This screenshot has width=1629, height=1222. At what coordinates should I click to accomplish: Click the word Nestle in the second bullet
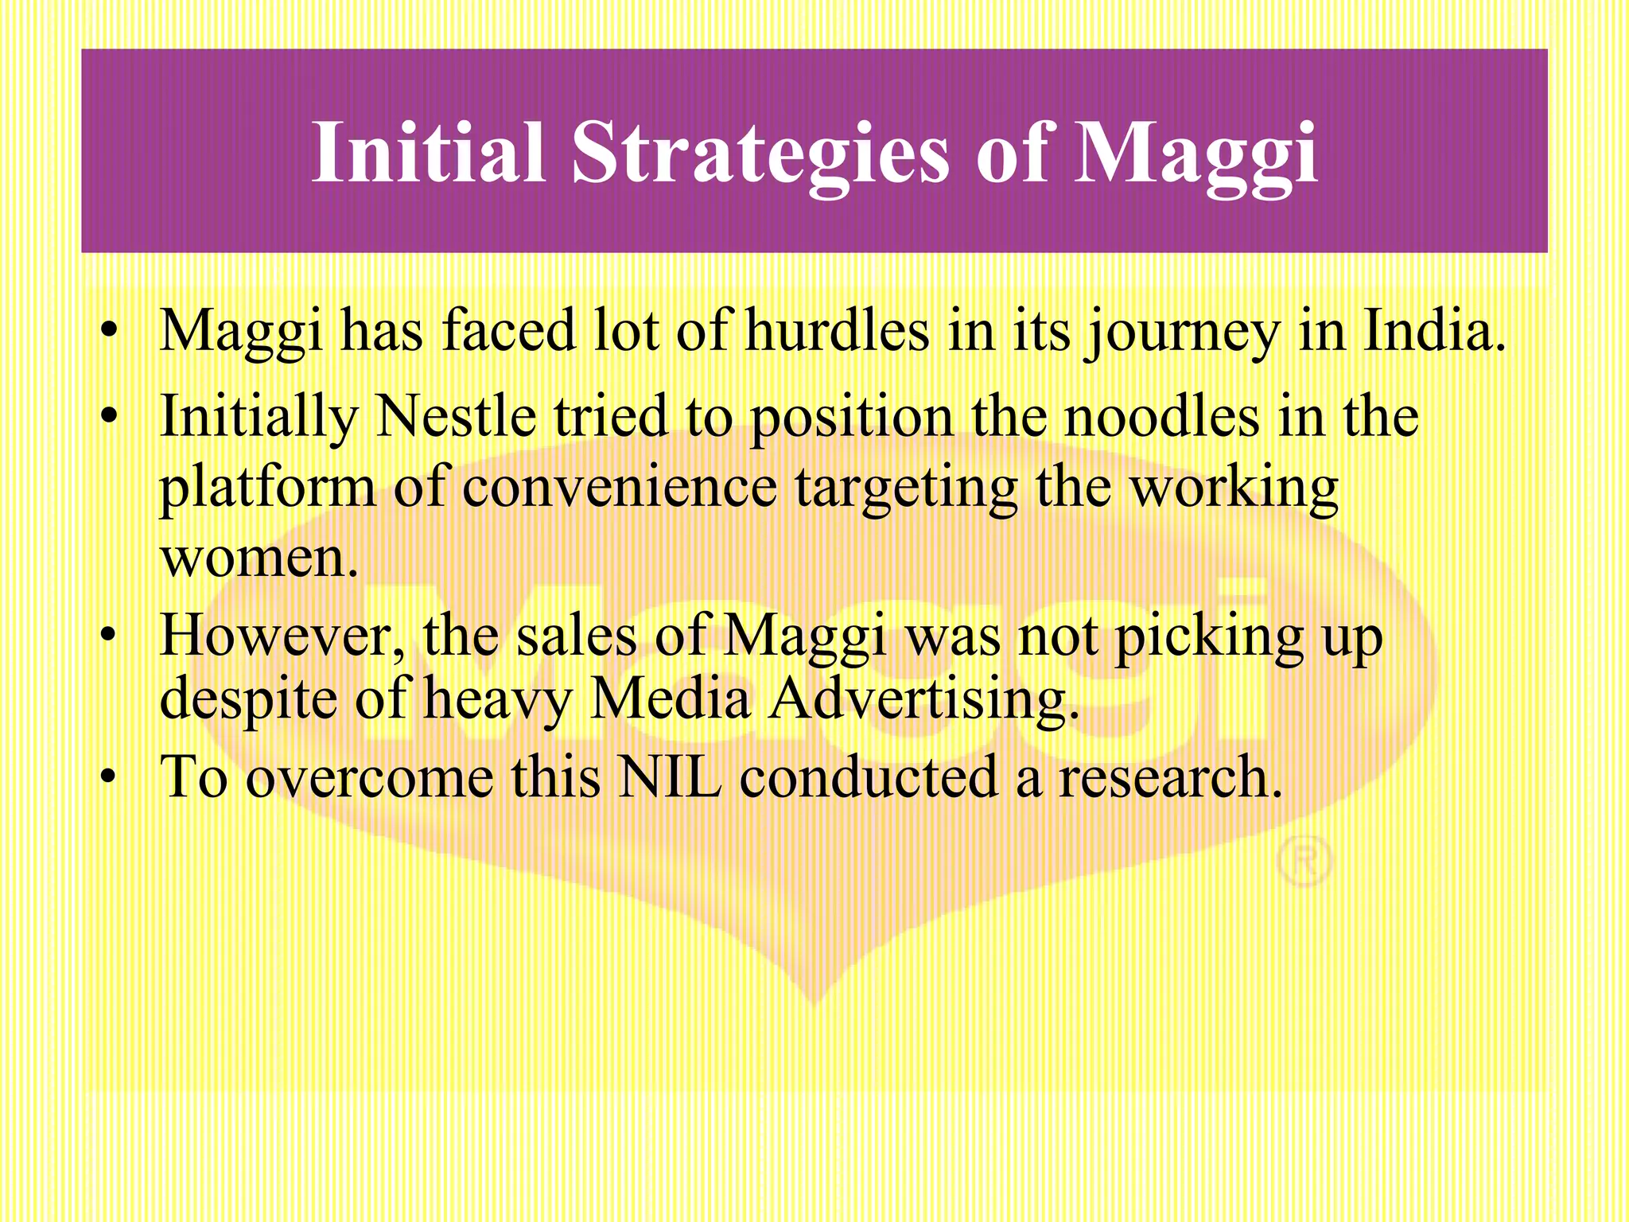click(455, 416)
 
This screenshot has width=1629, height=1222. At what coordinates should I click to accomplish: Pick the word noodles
click(1161, 416)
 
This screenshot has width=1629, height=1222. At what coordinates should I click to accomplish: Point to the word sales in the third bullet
click(577, 636)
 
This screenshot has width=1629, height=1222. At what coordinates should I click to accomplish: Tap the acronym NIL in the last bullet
click(670, 776)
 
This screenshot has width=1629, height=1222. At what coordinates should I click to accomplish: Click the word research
click(1169, 776)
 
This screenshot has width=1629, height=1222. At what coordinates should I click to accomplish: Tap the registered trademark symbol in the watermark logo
click(1304, 861)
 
